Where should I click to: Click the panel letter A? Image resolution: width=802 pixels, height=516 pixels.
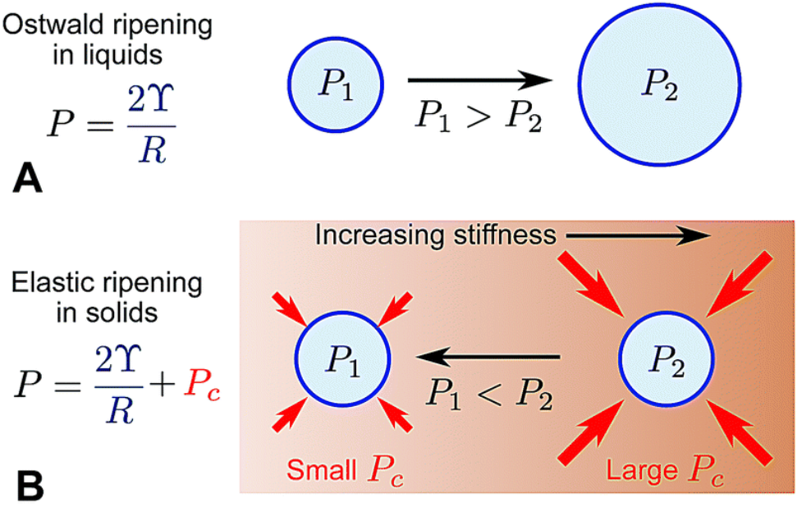point(27,176)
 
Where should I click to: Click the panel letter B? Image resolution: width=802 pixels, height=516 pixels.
point(29,487)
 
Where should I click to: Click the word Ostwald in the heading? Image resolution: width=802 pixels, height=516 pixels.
point(50,25)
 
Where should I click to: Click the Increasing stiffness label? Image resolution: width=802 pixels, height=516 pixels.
point(435,235)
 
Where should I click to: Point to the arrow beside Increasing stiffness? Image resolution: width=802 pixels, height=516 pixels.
point(637,235)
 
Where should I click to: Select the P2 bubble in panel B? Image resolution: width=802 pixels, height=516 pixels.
point(664,359)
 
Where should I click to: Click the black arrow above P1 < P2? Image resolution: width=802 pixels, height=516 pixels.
point(489,356)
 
